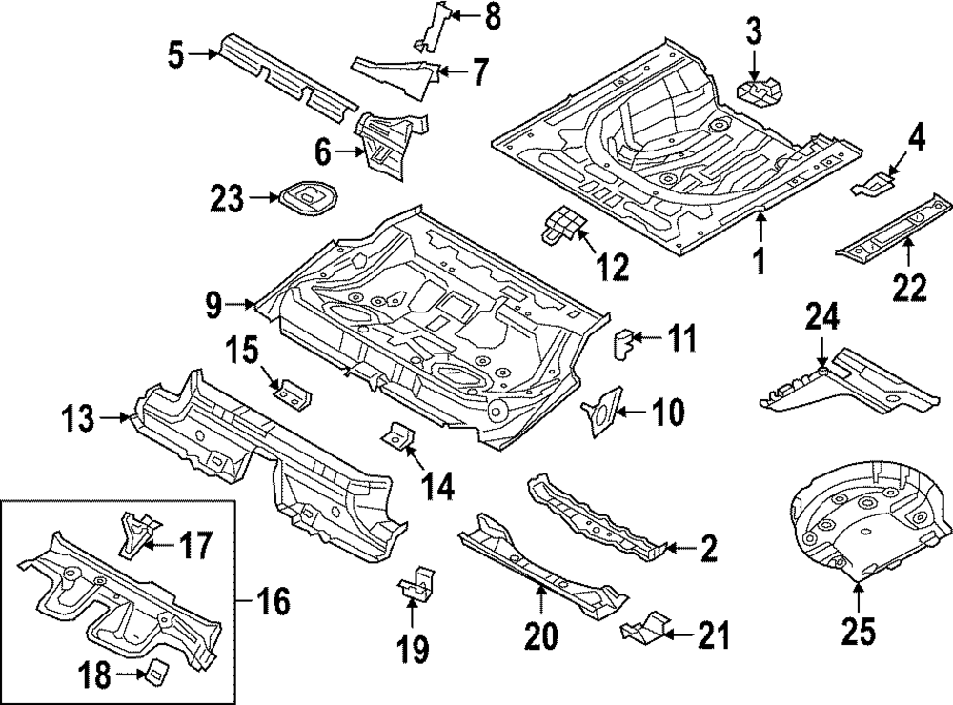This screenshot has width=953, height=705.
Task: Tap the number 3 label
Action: [754, 33]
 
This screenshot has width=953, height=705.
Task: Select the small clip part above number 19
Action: [416, 583]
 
